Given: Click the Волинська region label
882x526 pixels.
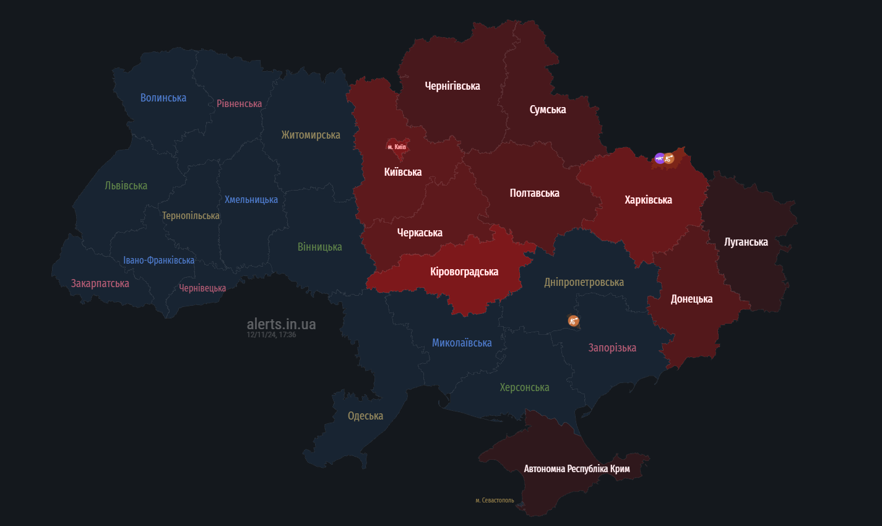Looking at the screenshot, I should tap(163, 98).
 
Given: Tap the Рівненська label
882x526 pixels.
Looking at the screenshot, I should tap(239, 104).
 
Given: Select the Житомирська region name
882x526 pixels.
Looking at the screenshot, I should tap(311, 135).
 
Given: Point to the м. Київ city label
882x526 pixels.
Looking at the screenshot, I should tap(397, 147).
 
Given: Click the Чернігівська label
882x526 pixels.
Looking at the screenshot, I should tap(452, 86).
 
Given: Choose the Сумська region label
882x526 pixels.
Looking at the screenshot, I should tap(548, 110).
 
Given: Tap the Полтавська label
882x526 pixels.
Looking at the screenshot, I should tap(534, 193).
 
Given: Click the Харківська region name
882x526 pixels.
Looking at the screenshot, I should tap(648, 200).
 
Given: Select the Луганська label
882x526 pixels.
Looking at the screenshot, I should tap(746, 242).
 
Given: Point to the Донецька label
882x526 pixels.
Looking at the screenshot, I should tap(691, 299).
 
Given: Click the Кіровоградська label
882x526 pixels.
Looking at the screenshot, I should tap(464, 272).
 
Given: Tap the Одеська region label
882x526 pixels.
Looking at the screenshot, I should tap(365, 416).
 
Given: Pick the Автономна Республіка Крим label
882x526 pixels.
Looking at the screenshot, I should tap(577, 469).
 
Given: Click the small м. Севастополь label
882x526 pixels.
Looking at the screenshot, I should tap(495, 500).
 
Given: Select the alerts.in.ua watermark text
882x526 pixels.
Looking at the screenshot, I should tap(281, 324).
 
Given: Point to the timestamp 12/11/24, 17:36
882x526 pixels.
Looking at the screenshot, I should tap(271, 335).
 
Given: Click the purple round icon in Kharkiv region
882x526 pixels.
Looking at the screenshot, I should tap(660, 158).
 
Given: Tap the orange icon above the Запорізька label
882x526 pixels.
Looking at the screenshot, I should tap(574, 321).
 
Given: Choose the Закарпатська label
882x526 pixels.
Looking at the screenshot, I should tap(100, 283).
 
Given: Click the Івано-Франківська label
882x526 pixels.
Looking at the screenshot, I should tap(158, 261).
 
